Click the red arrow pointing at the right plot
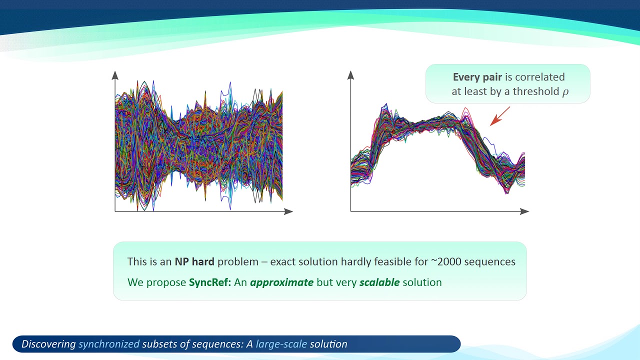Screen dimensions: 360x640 [x=500, y=116]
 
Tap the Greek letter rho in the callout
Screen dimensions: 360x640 [x=565, y=92]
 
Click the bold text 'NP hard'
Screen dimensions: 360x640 [x=194, y=261]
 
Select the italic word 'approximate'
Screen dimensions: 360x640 [x=281, y=282]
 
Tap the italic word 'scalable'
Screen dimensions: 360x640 [x=379, y=282]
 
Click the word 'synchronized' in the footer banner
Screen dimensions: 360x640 [x=109, y=344]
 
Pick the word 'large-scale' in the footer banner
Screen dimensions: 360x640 [x=281, y=344]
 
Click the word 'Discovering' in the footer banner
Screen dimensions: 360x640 [x=48, y=344]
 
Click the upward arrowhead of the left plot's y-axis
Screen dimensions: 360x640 [x=115, y=75]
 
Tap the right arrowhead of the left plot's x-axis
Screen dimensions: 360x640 [x=288, y=211]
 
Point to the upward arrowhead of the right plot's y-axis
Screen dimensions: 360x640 [x=351, y=75]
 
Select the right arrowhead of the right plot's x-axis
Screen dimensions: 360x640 [x=524, y=211]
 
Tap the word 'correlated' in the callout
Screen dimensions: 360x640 [x=539, y=77]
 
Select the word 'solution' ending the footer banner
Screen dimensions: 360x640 [x=328, y=344]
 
